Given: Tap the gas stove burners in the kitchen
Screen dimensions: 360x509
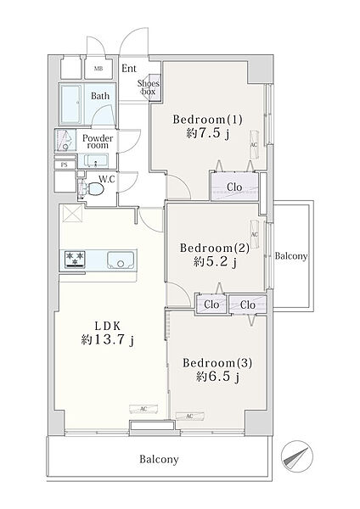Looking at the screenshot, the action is point(75,260).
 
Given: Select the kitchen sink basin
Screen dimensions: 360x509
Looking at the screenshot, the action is point(121,260).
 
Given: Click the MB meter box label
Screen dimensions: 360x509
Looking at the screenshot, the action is point(98,69).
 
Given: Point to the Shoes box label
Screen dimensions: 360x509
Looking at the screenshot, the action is point(149,87).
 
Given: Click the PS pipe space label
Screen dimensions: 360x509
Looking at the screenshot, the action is point(65,165).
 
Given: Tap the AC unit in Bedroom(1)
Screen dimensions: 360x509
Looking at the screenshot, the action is point(254,145).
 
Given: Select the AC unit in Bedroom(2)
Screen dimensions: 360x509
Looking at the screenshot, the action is point(255,234).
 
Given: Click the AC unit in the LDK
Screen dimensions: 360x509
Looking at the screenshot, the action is point(143,409).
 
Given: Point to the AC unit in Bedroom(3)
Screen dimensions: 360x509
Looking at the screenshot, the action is point(189,416).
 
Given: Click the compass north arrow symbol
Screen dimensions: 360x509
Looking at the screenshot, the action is point(296,456).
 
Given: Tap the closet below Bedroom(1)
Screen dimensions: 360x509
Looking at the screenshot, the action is point(234,187).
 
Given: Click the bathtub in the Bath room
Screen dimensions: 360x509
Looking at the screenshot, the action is point(70,103).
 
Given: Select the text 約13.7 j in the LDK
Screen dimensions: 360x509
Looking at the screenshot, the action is point(108,340).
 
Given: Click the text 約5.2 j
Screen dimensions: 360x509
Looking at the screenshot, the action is point(215,262).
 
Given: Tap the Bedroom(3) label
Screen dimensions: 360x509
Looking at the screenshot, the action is point(217,362).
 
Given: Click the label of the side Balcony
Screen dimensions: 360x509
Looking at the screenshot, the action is point(291,256).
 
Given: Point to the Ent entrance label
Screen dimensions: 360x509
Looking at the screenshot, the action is point(129,69).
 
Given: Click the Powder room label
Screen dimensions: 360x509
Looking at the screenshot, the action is point(98,142).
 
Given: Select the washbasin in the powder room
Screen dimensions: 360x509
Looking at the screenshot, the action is point(96,160).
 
